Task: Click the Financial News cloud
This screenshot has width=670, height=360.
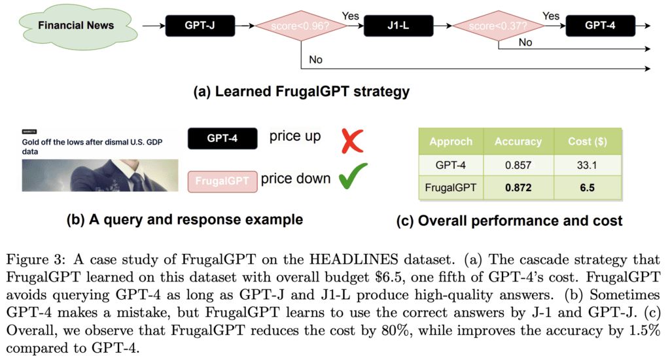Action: [75, 26]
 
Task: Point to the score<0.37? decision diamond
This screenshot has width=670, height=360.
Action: [499, 26]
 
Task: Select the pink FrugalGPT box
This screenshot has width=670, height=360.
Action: [222, 181]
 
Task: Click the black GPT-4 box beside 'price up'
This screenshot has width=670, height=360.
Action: [222, 139]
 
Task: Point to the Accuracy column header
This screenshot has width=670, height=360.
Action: [518, 141]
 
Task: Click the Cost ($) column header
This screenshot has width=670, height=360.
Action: [586, 141]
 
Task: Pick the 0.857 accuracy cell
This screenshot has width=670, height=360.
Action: [518, 164]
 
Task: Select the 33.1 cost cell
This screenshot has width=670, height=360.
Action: [586, 164]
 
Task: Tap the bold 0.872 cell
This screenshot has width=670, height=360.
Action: [518, 187]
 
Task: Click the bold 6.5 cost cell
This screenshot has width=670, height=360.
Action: [586, 187]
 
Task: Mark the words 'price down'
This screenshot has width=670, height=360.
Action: [295, 179]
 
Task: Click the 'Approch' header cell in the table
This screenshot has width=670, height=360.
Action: [451, 141]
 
